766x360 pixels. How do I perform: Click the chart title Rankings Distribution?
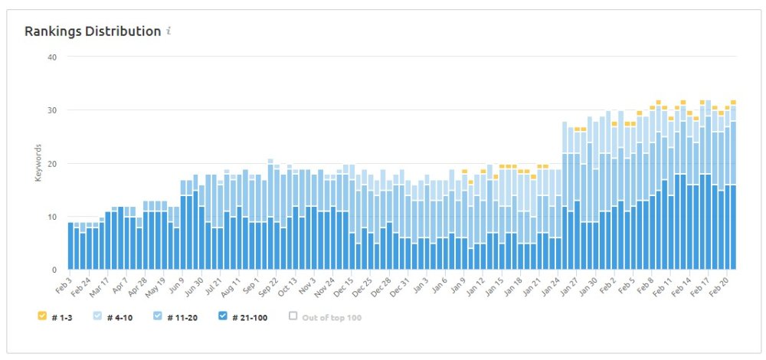pyautogui.click(x=93, y=31)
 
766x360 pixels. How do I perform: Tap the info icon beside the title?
pyautogui.click(x=169, y=31)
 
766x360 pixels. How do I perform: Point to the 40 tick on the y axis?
pyautogui.click(x=52, y=57)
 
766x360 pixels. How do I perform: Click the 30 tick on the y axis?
pyautogui.click(x=52, y=110)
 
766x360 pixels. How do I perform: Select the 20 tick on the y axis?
pyautogui.click(x=52, y=163)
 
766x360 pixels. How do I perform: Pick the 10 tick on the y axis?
pyautogui.click(x=52, y=217)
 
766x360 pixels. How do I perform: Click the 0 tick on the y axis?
pyautogui.click(x=54, y=270)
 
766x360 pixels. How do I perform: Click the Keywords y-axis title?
pyautogui.click(x=38, y=163)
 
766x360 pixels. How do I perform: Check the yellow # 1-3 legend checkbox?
pyautogui.click(x=41, y=315)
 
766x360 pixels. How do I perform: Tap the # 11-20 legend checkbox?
pyautogui.click(x=157, y=315)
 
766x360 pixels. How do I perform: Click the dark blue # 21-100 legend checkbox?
pyautogui.click(x=223, y=315)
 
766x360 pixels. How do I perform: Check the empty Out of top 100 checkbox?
pyautogui.click(x=293, y=315)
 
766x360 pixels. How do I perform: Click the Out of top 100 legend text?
pyautogui.click(x=331, y=316)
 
